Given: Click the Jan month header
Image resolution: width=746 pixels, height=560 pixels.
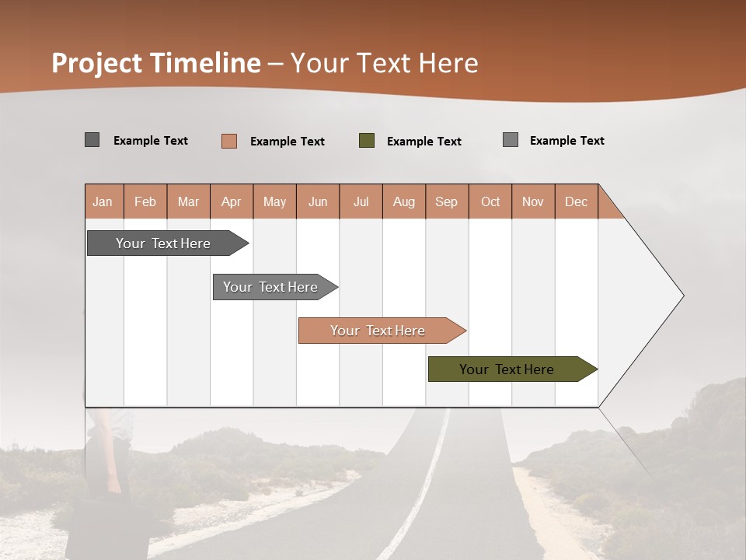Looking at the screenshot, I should tap(103, 201).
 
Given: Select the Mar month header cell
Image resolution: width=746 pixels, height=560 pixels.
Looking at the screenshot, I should tap(188, 201).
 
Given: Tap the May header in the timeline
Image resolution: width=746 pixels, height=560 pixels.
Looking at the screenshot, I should tap(274, 201).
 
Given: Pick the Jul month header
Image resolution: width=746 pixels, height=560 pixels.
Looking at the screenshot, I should tap(361, 201).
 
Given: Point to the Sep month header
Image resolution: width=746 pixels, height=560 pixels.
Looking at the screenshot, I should tap(446, 201).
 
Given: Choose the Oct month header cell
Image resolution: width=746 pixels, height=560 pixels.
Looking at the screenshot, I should tap(490, 201).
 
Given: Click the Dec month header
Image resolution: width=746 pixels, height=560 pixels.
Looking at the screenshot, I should tap(576, 201).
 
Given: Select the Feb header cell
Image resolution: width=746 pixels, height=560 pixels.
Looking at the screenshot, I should tap(145, 201).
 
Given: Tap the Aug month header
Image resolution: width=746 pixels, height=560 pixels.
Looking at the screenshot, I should tap(403, 201).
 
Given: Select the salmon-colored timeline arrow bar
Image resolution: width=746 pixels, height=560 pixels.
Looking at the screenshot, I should tap(378, 331).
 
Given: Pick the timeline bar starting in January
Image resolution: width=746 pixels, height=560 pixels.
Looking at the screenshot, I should tap(164, 243).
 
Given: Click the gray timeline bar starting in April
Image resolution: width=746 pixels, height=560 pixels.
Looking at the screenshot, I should tap(271, 287).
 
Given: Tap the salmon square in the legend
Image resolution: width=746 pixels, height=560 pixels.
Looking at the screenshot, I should tap(229, 141).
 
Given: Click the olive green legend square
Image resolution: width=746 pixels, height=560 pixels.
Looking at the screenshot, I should tap(367, 141).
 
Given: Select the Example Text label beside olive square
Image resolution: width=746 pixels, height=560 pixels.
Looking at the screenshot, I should tap(424, 142).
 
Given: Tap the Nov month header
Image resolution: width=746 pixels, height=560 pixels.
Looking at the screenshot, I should tap(533, 201).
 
